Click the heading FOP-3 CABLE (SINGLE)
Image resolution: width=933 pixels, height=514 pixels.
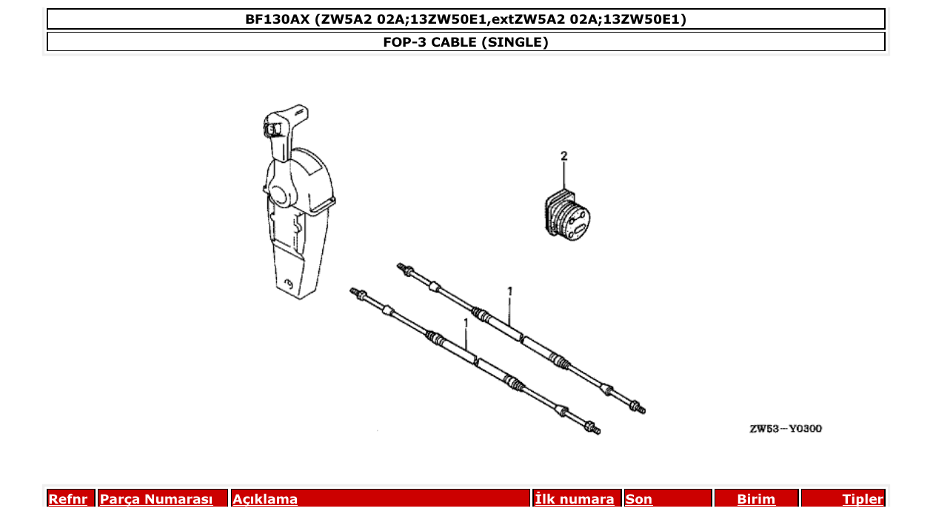pyautogui.click(x=465, y=42)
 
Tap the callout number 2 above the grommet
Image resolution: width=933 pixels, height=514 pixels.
pyautogui.click(x=564, y=156)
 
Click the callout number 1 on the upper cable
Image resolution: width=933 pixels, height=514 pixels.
pyautogui.click(x=510, y=292)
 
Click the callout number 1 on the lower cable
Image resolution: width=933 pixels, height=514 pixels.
pyautogui.click(x=466, y=324)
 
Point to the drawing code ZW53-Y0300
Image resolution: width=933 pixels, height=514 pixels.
pyautogui.click(x=784, y=429)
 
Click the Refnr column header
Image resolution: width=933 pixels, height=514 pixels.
pyautogui.click(x=68, y=499)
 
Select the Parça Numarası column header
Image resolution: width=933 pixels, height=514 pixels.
pyautogui.click(x=156, y=499)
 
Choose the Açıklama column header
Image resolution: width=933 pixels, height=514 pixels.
pyautogui.click(x=265, y=499)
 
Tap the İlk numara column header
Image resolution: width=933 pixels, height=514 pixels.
pyautogui.click(x=574, y=499)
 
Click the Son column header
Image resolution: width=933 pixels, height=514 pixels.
pyautogui.click(x=639, y=499)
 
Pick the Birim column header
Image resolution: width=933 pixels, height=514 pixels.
pyautogui.click(x=756, y=499)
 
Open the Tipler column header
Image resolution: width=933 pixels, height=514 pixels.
pyautogui.click(x=862, y=499)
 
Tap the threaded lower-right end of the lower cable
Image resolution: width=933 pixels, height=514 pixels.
pyautogui.click(x=594, y=429)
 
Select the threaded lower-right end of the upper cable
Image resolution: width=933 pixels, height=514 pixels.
pyautogui.click(x=638, y=407)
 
